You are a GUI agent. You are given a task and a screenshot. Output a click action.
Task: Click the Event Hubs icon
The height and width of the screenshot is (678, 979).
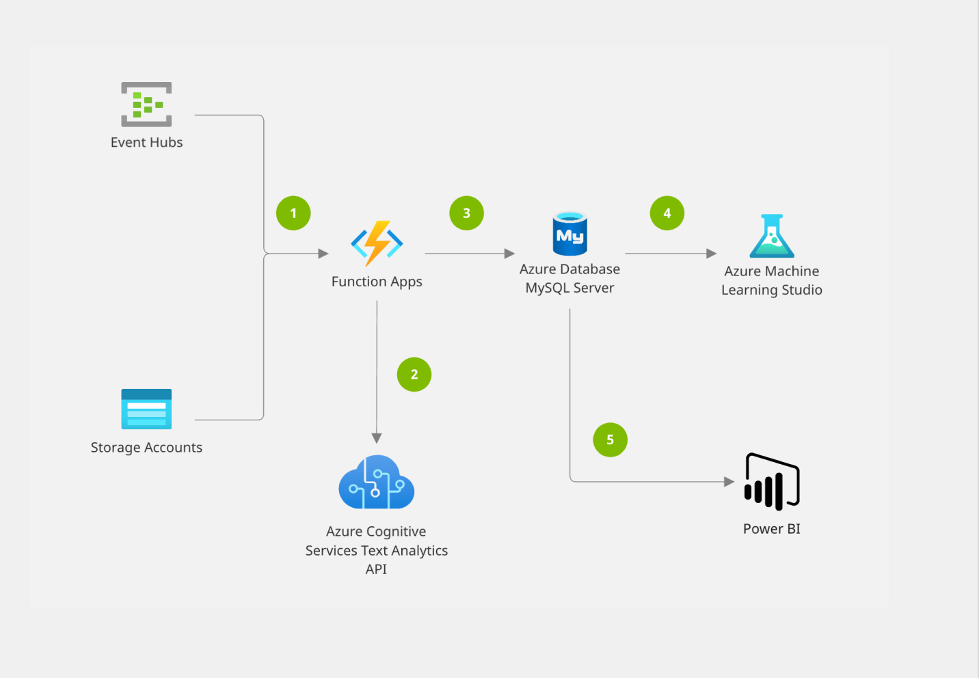coord(146,105)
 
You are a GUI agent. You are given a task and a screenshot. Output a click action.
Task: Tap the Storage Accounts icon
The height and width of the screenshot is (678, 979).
coord(146,409)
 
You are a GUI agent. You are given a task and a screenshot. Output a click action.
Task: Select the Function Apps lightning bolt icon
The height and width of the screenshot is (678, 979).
coord(377,243)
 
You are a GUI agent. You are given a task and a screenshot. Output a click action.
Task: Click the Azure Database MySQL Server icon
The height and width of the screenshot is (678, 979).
coord(569,234)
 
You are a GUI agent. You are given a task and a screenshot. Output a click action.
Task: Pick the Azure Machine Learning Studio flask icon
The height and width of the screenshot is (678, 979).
coord(771,236)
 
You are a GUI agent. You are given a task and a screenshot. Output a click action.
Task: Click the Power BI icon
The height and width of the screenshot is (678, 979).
coord(772,482)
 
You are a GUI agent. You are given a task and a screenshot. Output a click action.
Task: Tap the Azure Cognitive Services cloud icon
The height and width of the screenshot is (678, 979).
coord(377,483)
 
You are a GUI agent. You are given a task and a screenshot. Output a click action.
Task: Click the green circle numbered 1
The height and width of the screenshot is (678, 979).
coord(293,213)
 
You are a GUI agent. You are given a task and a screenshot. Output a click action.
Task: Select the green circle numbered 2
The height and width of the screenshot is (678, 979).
coord(414,375)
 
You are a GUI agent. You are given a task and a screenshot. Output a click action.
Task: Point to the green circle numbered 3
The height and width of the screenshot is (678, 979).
coord(466,213)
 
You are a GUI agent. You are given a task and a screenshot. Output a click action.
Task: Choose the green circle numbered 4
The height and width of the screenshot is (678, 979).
coord(667,213)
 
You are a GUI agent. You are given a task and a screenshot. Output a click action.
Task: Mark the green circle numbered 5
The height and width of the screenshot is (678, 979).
coord(610,439)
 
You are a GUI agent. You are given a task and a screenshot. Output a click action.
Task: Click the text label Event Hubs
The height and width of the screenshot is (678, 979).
coord(146,142)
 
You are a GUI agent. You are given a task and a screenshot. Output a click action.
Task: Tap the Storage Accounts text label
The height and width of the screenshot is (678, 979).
coord(146,448)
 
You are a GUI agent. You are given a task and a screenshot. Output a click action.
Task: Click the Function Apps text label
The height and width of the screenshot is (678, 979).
coord(377,282)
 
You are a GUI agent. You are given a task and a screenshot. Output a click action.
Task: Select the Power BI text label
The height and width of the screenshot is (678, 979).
coord(771,529)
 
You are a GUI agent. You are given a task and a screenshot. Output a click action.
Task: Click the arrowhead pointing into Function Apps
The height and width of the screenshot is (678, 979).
coord(323,254)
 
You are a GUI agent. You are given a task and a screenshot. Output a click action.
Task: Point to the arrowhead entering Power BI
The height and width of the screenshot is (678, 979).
coord(729,482)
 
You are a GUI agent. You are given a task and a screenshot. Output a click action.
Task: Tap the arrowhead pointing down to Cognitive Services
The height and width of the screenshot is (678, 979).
coord(377,438)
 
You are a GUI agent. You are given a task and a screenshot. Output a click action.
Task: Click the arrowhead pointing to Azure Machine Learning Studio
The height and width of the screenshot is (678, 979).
coord(711,254)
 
